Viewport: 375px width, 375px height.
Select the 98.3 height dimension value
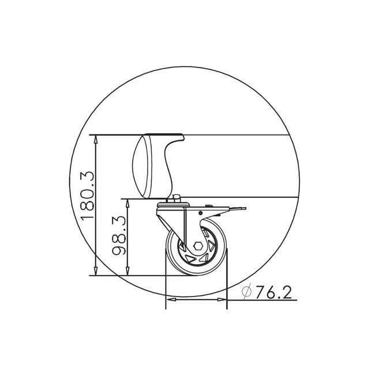(120, 236)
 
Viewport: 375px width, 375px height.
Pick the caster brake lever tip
(245, 211)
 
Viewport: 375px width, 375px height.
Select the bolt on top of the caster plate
(175, 198)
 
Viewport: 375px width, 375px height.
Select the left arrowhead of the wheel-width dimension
(169, 300)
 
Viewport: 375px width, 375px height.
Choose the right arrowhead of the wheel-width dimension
(224, 300)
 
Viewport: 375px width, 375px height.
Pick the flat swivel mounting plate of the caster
(173, 206)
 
